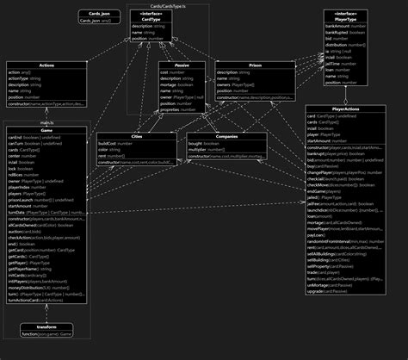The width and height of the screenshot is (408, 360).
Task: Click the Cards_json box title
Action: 100,13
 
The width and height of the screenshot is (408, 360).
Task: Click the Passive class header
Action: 182,64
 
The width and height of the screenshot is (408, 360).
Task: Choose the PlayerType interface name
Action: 346,20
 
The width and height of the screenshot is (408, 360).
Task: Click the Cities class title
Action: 138,136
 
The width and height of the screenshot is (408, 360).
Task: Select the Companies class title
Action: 227,136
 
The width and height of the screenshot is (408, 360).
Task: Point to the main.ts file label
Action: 46,121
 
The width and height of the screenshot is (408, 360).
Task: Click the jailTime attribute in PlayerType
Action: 337,64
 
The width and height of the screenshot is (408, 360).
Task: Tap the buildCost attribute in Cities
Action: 114,143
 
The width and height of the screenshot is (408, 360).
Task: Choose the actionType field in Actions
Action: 22,78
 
